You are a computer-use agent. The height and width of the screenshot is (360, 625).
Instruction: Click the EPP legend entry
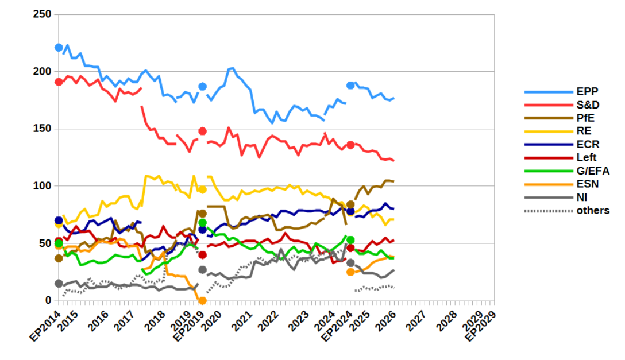tap(585, 92)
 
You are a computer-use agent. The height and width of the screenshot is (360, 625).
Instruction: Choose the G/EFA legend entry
tap(593, 171)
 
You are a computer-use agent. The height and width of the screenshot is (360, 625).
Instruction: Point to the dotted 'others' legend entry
tap(593, 210)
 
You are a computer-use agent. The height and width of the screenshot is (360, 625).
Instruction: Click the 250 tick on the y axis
tap(43, 14)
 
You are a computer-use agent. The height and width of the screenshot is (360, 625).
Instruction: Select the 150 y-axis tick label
tap(43, 129)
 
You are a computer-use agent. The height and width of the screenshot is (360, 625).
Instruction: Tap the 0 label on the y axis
tap(48, 300)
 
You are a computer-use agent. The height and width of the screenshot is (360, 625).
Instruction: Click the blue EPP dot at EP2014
tap(59, 47)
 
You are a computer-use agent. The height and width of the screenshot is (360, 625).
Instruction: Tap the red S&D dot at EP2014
tap(59, 82)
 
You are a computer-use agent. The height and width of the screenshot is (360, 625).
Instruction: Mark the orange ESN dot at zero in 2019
tap(202, 300)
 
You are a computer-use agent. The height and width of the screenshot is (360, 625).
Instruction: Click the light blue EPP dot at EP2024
tap(350, 86)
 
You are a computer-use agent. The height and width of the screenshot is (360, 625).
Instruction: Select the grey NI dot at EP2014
tap(59, 283)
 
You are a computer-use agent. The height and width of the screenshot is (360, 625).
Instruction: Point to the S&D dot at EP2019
tap(202, 131)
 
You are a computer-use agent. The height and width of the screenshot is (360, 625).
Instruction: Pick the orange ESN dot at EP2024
tap(350, 272)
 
